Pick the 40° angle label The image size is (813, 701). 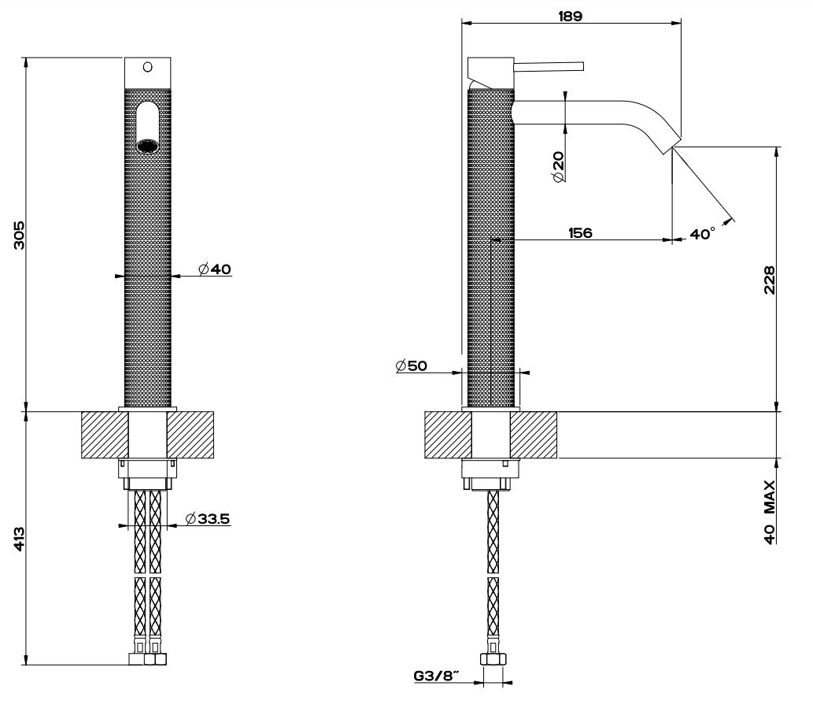[702, 234]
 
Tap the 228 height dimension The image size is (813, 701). [769, 279]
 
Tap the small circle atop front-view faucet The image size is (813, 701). [147, 67]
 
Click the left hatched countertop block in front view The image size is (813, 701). [105, 435]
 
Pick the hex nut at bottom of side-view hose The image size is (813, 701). [493, 660]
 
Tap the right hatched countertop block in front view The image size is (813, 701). [190, 435]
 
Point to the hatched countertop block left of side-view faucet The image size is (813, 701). [448, 435]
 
